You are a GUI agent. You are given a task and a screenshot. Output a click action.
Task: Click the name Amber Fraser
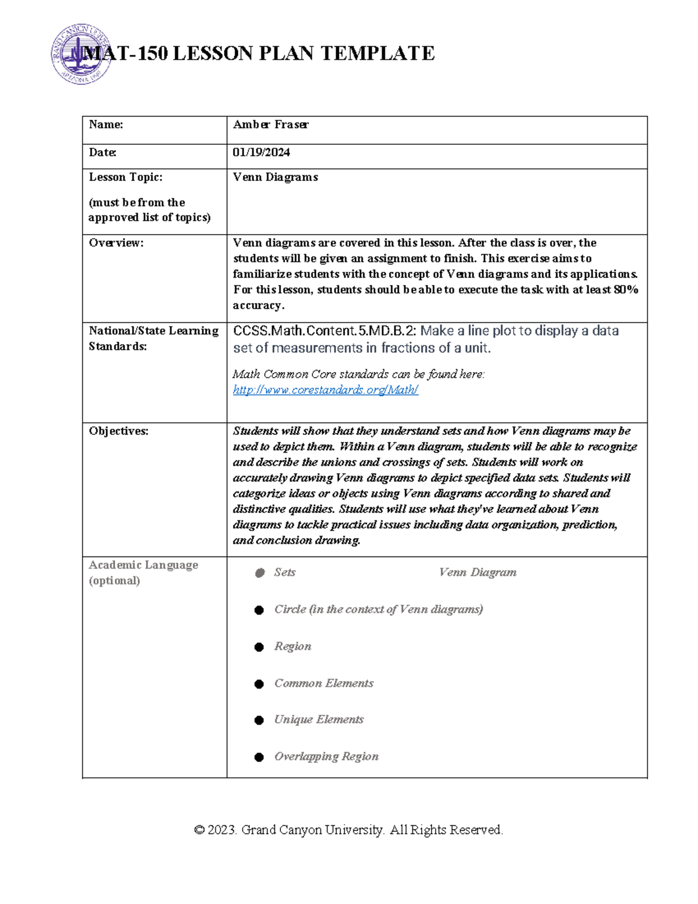tap(270, 125)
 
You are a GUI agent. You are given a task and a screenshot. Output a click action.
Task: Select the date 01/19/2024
tap(261, 153)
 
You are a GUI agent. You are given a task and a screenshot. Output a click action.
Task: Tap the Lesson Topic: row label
tap(126, 177)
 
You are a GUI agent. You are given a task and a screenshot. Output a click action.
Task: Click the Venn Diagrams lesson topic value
tap(275, 177)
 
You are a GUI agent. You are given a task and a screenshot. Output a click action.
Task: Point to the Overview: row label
tap(116, 243)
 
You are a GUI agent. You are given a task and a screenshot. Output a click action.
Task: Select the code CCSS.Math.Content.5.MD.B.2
tap(324, 331)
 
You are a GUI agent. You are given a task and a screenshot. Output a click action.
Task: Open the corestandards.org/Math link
tap(325, 390)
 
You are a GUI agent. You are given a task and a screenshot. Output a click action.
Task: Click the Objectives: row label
tap(119, 431)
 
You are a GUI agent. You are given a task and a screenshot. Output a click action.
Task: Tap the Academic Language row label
tap(143, 565)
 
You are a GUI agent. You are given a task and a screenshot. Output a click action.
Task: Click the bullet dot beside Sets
tap(259, 573)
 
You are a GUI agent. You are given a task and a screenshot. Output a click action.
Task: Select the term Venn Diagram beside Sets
tap(478, 573)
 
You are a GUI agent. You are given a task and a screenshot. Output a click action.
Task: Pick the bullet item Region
tap(293, 647)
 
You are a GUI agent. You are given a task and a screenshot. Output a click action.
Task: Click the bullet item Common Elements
tap(323, 683)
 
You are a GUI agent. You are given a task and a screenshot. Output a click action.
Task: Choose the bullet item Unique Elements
tap(319, 720)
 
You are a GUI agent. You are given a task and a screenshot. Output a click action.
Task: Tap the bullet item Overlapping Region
tap(326, 757)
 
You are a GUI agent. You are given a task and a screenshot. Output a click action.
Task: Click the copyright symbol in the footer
tap(200, 830)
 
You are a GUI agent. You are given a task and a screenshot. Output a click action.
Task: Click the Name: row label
tap(106, 125)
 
